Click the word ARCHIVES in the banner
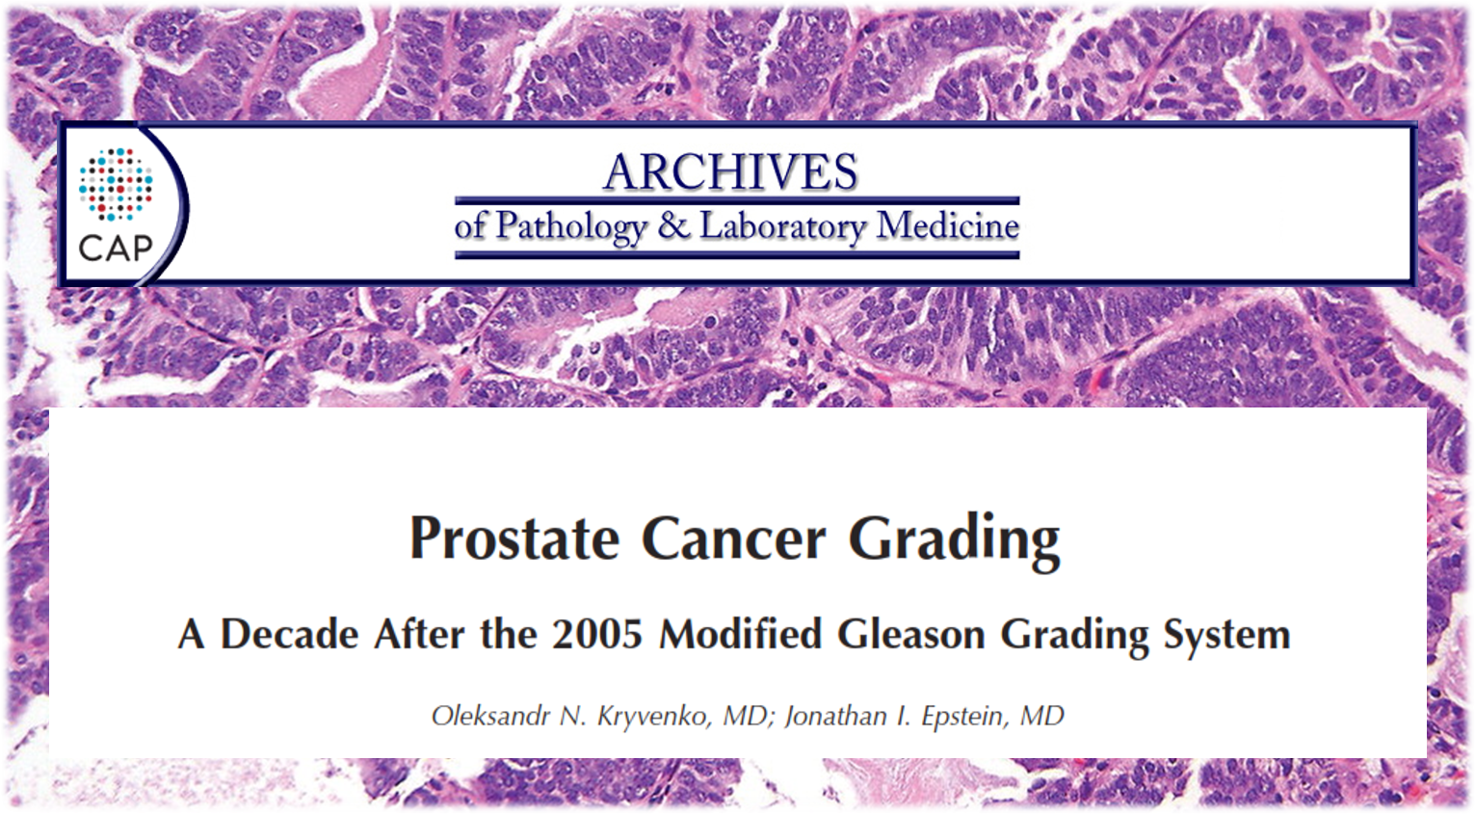tap(730, 173)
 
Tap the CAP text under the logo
tap(116, 249)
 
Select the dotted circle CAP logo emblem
tap(116, 184)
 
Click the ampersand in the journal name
tap(673, 226)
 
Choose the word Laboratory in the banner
tap(782, 227)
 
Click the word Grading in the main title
tap(954, 539)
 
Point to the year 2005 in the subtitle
tap(597, 635)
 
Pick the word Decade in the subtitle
tap(289, 635)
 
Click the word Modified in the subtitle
tap(740, 635)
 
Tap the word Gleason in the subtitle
tap(910, 635)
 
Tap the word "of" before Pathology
tap(470, 227)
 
